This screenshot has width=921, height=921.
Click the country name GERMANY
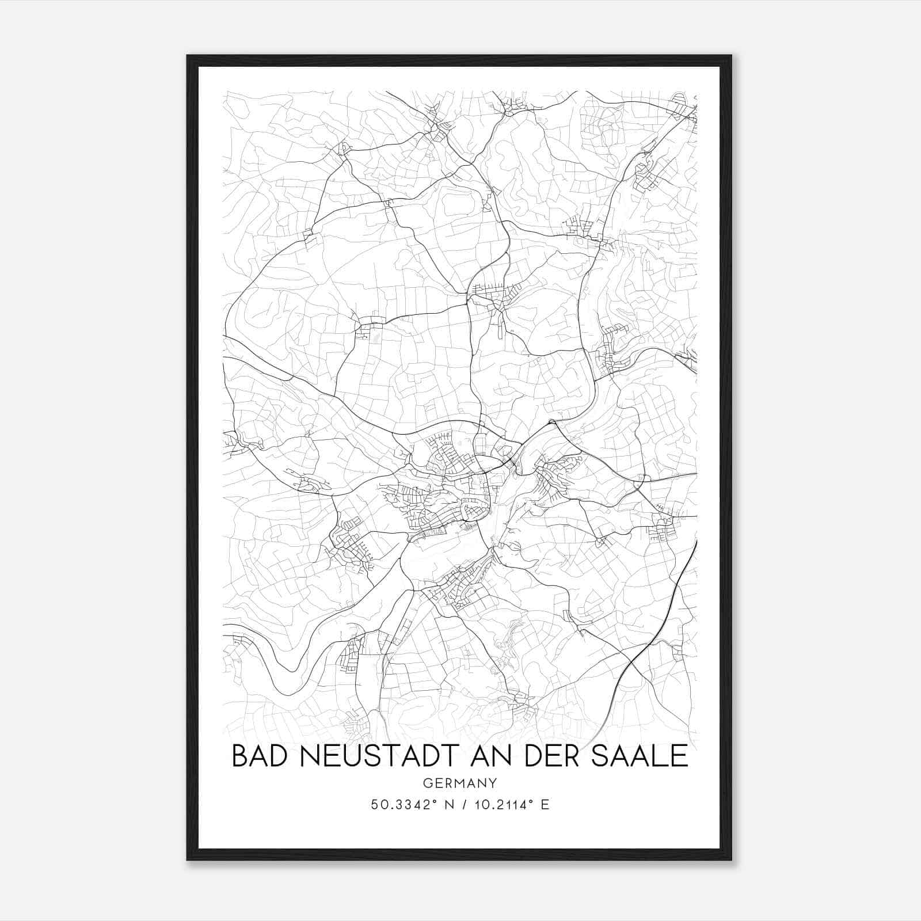point(459,783)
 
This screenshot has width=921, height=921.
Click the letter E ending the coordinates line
point(545,804)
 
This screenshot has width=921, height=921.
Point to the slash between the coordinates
point(463,804)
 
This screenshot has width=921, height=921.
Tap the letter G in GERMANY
point(427,783)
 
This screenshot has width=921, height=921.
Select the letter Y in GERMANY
point(493,783)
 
